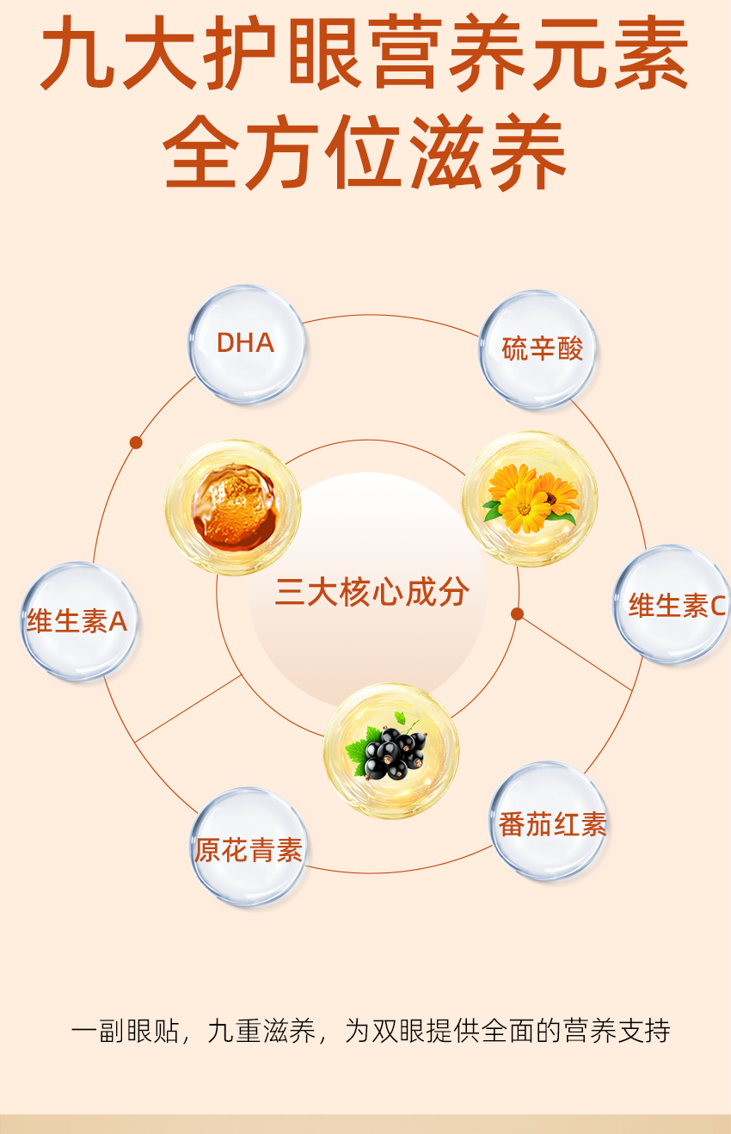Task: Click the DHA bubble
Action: [x=247, y=344]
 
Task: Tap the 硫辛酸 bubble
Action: [x=539, y=348]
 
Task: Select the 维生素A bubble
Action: [x=77, y=621]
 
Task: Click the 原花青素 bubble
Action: [x=249, y=848]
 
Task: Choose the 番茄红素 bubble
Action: [x=550, y=823]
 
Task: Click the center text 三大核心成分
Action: [x=372, y=592]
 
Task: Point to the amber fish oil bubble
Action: [x=232, y=508]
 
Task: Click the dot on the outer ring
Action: [x=136, y=442]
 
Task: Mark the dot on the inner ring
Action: [x=517, y=613]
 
